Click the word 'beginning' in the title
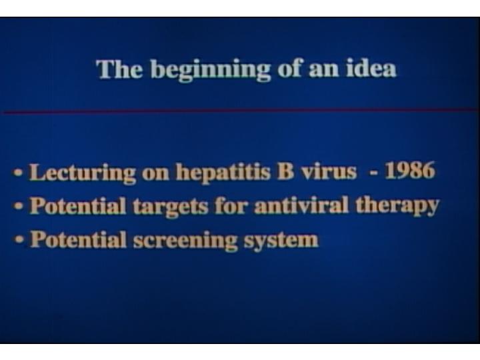tap(210, 71)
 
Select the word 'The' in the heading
tap(119, 69)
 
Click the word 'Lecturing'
tap(83, 173)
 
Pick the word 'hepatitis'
tap(223, 173)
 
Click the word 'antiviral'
tap(301, 205)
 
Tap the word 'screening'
tap(185, 241)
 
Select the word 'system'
tap(281, 241)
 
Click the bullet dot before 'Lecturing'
tap(19, 173)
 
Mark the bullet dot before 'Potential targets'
tap(19, 206)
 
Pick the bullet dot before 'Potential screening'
tap(19, 240)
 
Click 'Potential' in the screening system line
tap(79, 239)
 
